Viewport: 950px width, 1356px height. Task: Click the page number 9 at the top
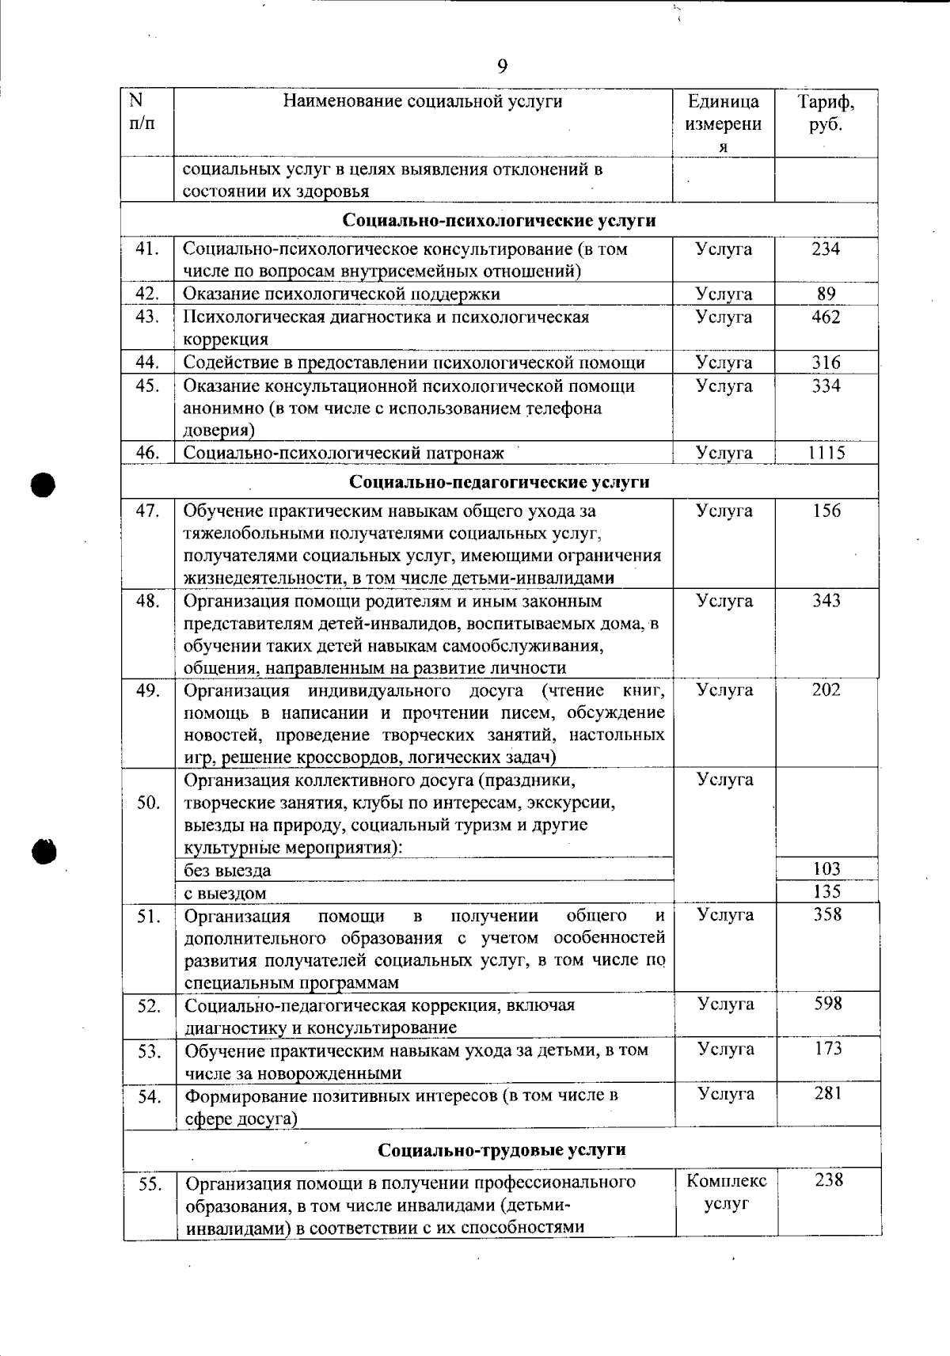click(x=502, y=66)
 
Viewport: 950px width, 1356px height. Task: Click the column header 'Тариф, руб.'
click(x=826, y=113)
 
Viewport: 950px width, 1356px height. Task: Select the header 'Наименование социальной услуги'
click(x=423, y=101)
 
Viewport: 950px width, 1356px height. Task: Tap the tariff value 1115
click(x=826, y=453)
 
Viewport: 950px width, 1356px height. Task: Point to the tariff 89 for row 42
click(x=826, y=294)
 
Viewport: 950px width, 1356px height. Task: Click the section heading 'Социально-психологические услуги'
click(x=499, y=220)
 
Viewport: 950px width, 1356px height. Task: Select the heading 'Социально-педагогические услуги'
click(x=499, y=482)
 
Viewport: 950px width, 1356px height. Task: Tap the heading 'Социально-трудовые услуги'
click(x=501, y=1149)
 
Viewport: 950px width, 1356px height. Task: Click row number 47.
click(x=148, y=511)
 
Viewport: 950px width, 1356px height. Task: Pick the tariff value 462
click(x=826, y=317)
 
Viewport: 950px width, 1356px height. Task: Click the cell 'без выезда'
click(x=227, y=871)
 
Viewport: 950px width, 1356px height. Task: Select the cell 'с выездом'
click(x=225, y=893)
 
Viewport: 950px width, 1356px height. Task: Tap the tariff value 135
click(x=826, y=891)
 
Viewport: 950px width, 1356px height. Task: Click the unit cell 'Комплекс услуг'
click(x=726, y=1193)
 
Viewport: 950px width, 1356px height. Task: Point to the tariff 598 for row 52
click(x=828, y=1004)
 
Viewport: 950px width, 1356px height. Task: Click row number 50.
click(x=148, y=803)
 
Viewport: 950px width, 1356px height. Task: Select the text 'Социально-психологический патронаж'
click(x=344, y=453)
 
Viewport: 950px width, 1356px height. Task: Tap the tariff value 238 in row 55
click(x=828, y=1180)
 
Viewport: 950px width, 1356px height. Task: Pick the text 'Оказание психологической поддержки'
click(x=342, y=294)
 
